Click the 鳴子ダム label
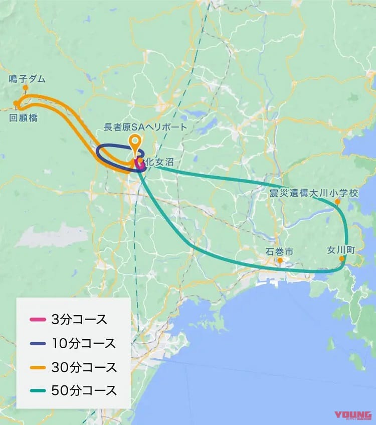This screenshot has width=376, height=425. pos(27,79)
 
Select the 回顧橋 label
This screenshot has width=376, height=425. pos(24,118)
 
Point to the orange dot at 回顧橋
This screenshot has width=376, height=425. pos(16,104)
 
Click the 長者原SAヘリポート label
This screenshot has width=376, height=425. pos(145,127)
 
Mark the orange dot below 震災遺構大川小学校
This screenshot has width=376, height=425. pos(337,201)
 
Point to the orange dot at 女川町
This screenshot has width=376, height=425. pos(342,259)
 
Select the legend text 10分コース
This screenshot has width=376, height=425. pos(83,343)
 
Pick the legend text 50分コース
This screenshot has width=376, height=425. pos(84,390)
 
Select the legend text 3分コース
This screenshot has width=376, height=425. pos(79,320)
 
